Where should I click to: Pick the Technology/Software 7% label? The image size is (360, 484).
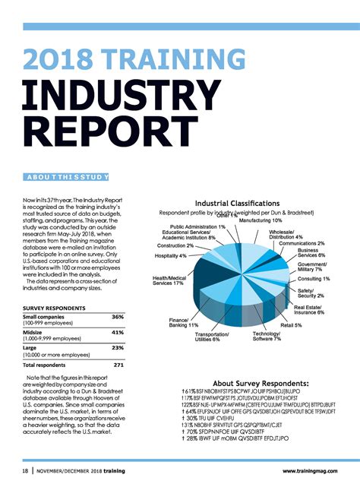(267, 337)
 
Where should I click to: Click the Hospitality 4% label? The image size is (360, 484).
(171, 256)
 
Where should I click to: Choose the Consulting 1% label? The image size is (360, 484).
(314, 279)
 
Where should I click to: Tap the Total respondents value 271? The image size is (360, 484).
(118, 365)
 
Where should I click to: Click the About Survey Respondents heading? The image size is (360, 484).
(261, 383)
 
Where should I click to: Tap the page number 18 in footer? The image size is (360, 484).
(25, 471)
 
